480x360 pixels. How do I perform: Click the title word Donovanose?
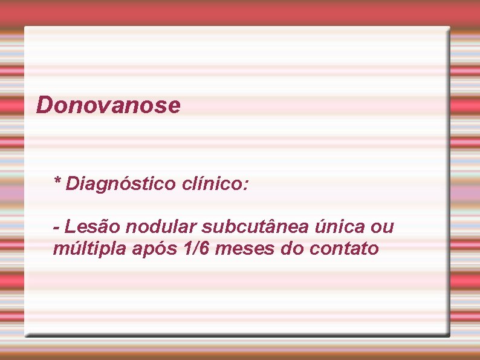click(108, 105)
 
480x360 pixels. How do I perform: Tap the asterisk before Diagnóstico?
click(57, 181)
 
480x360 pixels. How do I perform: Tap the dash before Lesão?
click(56, 228)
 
